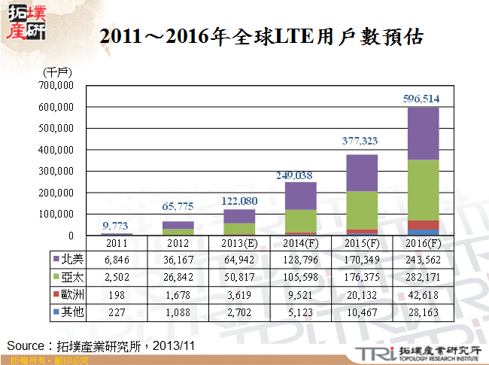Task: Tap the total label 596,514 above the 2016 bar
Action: pyautogui.click(x=423, y=98)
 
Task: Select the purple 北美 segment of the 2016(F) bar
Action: pyautogui.click(x=423, y=133)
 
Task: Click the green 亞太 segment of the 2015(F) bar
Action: pyautogui.click(x=362, y=210)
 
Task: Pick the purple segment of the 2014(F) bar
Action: pyautogui.click(x=300, y=196)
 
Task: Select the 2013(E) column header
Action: pyautogui.click(x=239, y=244)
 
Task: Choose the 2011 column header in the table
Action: pyautogui.click(x=117, y=244)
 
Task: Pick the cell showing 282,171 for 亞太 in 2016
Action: pyautogui.click(x=423, y=276)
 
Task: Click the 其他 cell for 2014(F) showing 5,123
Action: pyautogui.click(x=300, y=311)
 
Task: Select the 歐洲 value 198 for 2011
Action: pyautogui.click(x=117, y=294)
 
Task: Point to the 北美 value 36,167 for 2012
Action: pyautogui.click(x=178, y=259)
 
